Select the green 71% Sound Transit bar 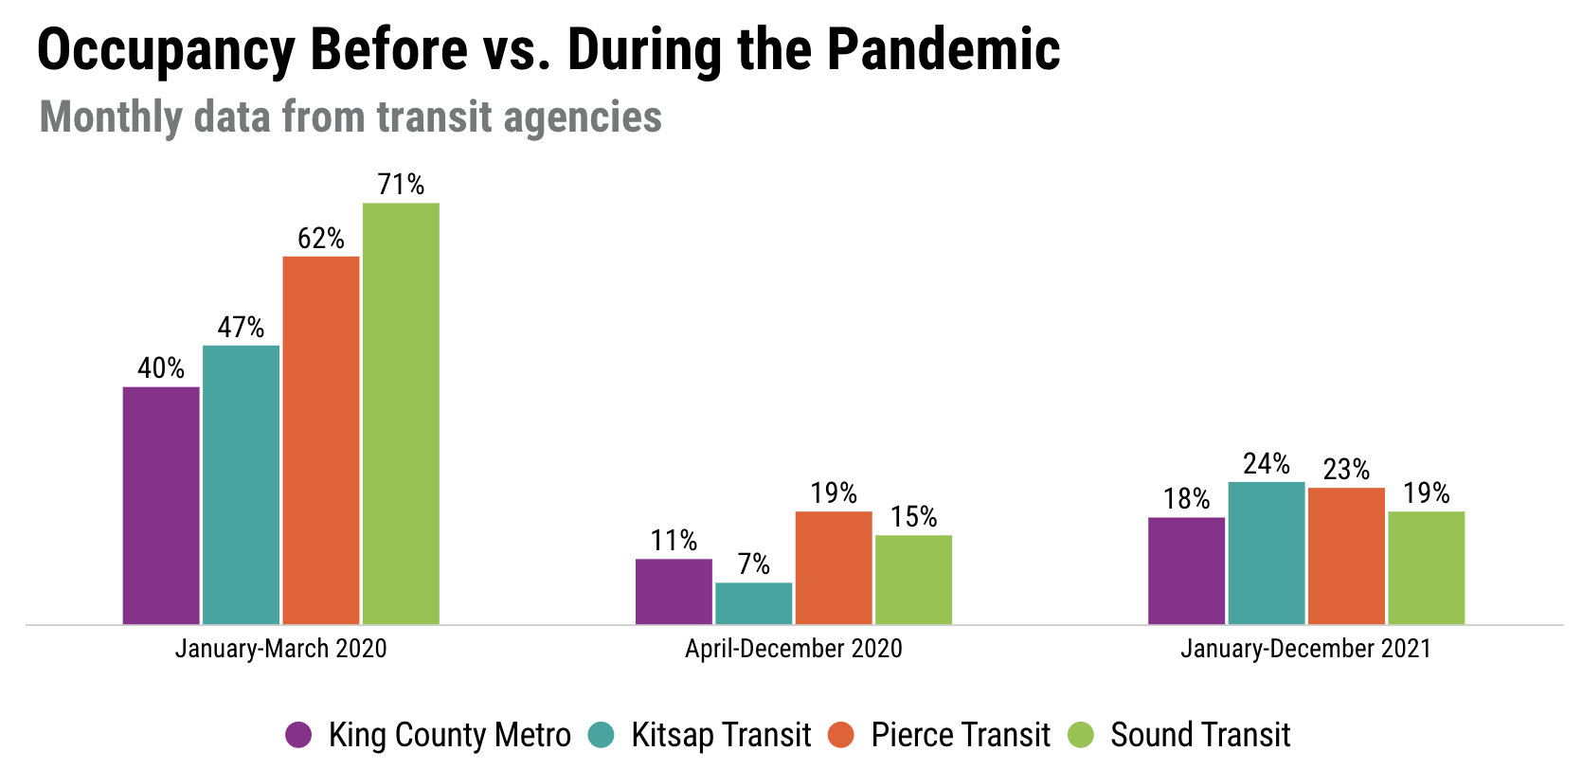click(x=401, y=413)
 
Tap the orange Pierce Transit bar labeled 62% click(x=321, y=439)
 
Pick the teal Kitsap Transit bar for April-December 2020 click(x=754, y=603)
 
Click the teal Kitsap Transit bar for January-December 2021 click(x=1267, y=553)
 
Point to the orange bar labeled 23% click(x=1346, y=556)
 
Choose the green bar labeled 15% click(x=913, y=580)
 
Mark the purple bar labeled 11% click(x=674, y=591)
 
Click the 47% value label click(x=241, y=328)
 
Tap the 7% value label click(x=754, y=564)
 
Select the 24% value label click(x=1267, y=464)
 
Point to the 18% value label click(x=1187, y=499)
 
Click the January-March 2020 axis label click(x=281, y=649)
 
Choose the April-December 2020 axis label click(x=794, y=649)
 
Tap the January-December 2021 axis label click(x=1305, y=649)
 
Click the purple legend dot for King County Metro click(x=298, y=735)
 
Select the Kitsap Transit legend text click(x=721, y=735)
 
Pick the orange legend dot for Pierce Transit click(x=841, y=735)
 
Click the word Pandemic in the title click(x=944, y=49)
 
